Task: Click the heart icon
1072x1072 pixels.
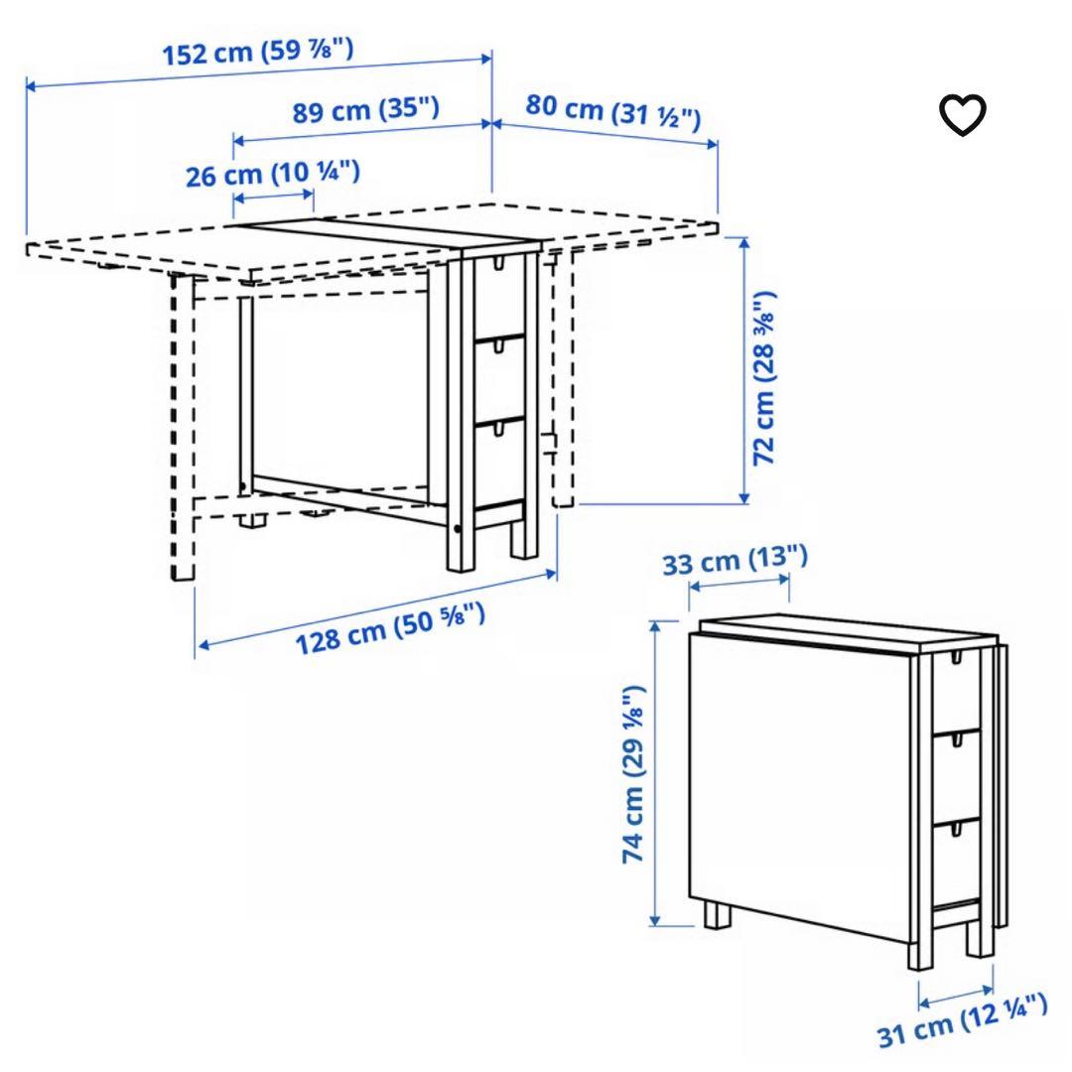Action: point(963,116)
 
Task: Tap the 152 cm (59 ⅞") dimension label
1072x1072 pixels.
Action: point(258,53)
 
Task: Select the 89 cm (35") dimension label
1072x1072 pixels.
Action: point(365,108)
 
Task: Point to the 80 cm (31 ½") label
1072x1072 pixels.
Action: point(612,112)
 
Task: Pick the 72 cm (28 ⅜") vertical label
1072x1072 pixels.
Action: point(765,377)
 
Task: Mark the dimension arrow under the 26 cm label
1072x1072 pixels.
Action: point(274,200)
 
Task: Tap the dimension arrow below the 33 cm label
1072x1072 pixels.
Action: point(739,586)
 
